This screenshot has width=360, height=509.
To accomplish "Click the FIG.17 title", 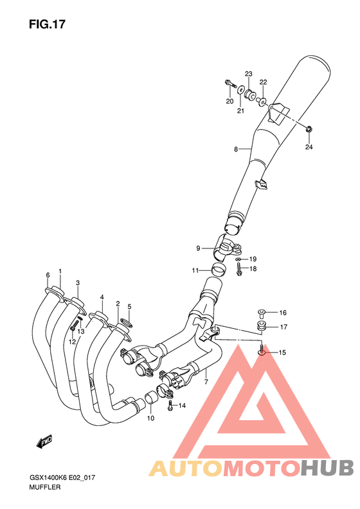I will [x=47, y=24].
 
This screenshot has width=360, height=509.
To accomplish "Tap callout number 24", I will [x=309, y=147].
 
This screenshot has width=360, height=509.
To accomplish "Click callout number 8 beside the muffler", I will [x=236, y=149].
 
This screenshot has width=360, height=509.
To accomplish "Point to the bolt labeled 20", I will [x=230, y=82].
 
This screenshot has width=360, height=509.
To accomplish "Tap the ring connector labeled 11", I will [x=219, y=270].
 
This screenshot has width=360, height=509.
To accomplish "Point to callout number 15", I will [x=283, y=352].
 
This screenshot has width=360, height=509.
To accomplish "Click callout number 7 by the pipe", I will [x=206, y=382].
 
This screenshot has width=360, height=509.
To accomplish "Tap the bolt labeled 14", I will [x=169, y=405].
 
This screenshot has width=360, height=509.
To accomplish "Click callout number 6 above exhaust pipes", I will [x=48, y=275].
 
